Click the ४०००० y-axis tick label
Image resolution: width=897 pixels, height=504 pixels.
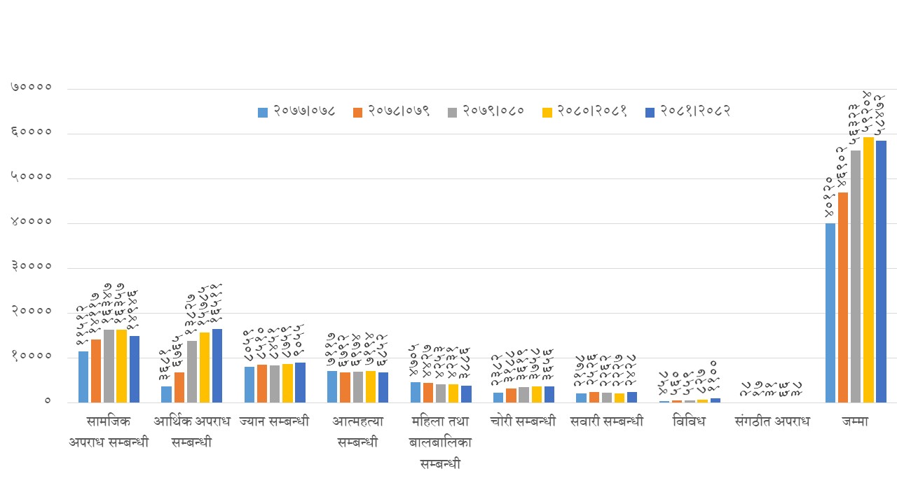32,223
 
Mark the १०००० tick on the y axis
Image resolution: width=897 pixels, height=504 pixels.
32,357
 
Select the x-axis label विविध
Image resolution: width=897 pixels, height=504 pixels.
689,422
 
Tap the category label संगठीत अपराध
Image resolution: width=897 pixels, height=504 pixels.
772,422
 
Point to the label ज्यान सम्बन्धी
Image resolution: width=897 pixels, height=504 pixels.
274,422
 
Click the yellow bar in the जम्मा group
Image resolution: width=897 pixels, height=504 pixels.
868,269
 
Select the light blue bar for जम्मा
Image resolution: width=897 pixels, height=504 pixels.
830,313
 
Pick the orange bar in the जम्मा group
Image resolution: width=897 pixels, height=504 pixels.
843,297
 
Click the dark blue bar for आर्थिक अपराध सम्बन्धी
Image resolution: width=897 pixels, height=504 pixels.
217,365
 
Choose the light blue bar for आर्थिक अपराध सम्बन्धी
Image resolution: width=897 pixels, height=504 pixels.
166,394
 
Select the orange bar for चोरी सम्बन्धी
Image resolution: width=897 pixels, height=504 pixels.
511,395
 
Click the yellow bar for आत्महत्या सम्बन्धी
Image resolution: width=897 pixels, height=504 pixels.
371,386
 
